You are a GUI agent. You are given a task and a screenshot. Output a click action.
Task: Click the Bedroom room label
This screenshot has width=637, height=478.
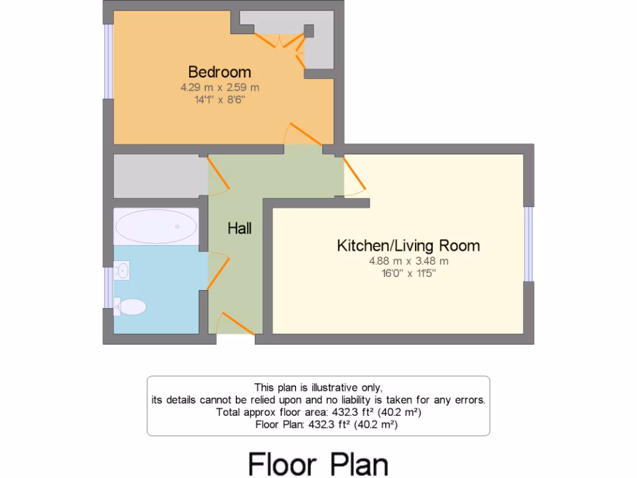pyautogui.click(x=220, y=72)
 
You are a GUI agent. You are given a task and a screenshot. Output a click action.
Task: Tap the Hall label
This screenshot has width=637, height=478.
pyautogui.click(x=239, y=228)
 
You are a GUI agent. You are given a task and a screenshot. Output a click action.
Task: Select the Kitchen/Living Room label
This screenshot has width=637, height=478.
pyautogui.click(x=408, y=245)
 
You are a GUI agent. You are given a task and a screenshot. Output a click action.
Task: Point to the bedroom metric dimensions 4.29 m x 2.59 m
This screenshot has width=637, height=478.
pyautogui.click(x=220, y=88)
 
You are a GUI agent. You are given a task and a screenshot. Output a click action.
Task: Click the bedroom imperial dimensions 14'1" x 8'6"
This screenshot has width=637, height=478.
pyautogui.click(x=220, y=100)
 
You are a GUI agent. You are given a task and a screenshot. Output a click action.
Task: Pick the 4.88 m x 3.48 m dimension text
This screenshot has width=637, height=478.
pyautogui.click(x=408, y=261)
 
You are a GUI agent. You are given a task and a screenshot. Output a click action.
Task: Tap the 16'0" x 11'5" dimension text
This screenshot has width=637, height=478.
pyautogui.click(x=408, y=273)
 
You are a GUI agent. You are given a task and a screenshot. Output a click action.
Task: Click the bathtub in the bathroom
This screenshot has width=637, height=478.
pyautogui.click(x=156, y=226)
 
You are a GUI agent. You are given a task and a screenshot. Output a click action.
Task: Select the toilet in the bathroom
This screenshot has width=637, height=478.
pyautogui.click(x=131, y=306)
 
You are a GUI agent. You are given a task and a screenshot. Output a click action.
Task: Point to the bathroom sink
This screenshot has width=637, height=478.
pyautogui.click(x=123, y=271)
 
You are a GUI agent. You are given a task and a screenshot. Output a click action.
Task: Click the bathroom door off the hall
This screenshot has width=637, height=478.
pyautogui.click(x=216, y=271)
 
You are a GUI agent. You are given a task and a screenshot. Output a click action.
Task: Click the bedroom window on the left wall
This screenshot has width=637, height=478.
pyautogui.click(x=108, y=61)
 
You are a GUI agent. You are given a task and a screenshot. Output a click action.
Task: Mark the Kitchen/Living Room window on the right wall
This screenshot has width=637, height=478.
pyautogui.click(x=528, y=243)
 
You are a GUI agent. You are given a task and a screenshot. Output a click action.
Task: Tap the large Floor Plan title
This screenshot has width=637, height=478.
pyautogui.click(x=318, y=464)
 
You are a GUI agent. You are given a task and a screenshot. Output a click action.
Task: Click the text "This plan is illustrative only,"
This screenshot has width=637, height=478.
pyautogui.click(x=318, y=387)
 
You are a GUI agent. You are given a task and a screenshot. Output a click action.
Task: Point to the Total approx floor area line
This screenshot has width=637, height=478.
pyautogui.click(x=318, y=412)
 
